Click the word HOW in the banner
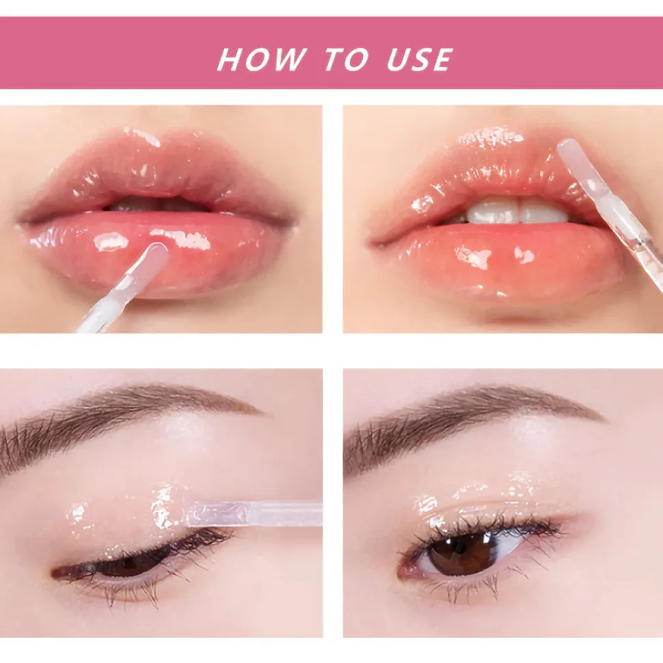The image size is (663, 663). [x=261, y=59]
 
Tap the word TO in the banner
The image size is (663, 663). [x=347, y=59]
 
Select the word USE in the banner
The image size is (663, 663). [x=419, y=59]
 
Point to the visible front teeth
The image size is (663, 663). [x=517, y=212]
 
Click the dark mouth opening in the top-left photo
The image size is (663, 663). [x=157, y=204]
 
